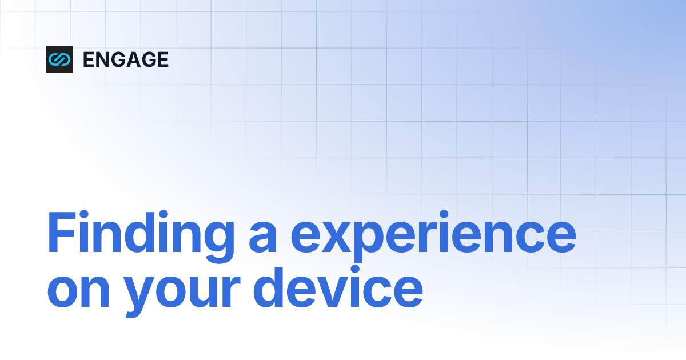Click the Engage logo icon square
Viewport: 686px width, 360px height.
point(59,59)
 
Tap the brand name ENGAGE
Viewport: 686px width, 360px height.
point(126,59)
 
